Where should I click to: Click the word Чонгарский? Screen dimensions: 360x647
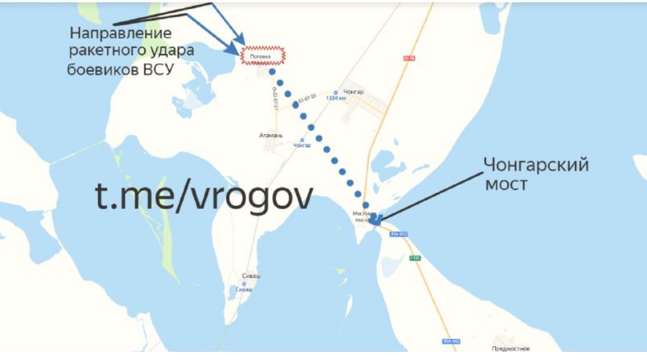coord(537,165)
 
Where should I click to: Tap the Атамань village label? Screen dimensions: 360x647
coord(271,135)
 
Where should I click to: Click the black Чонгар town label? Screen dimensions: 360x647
coord(353,92)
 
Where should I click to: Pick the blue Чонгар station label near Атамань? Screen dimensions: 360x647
coord(302,145)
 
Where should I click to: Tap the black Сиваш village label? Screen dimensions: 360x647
coord(251,276)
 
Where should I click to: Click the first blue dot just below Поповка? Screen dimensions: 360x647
coord(272,73)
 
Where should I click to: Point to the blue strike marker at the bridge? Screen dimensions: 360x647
coord(375,219)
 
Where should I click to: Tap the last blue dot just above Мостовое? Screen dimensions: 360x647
coord(366,205)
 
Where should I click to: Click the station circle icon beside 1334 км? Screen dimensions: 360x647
coord(336,92)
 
